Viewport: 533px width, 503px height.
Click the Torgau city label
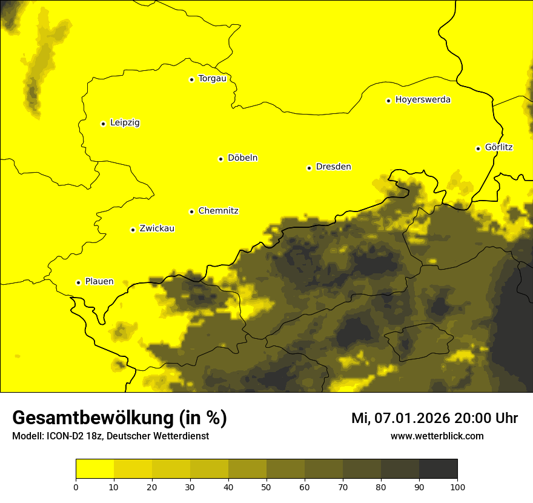tap(212, 79)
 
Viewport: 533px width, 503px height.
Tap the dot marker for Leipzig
tap(103, 124)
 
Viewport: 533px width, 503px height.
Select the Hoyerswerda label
tap(423, 100)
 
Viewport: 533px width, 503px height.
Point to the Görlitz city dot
tap(478, 148)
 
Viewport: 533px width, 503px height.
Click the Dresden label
tap(333, 167)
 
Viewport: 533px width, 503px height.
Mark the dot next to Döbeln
tap(220, 159)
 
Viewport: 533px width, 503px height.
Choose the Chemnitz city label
tap(218, 211)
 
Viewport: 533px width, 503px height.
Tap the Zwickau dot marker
tap(133, 230)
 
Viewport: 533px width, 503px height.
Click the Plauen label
tap(99, 282)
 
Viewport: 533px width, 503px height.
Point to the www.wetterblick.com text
tap(437, 436)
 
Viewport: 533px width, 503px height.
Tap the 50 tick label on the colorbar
tap(266, 487)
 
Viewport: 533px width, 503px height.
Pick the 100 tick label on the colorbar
tap(457, 487)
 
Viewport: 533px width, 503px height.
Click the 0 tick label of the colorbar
tap(76, 487)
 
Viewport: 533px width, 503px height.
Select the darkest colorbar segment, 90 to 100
tap(438, 468)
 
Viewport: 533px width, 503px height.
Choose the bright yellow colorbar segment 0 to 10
tap(94, 468)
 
